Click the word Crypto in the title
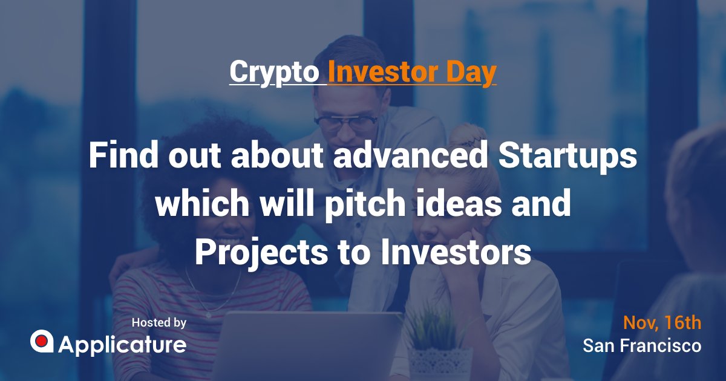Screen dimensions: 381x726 tap(274, 72)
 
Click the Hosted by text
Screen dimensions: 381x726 tap(159, 323)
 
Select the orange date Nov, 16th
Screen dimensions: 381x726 tap(662, 323)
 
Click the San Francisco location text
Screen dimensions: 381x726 tap(642, 346)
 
